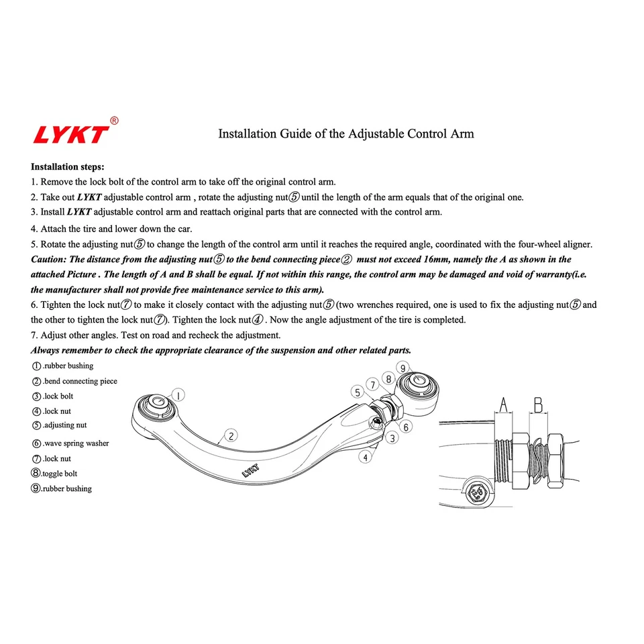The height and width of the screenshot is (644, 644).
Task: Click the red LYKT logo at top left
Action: tap(70, 134)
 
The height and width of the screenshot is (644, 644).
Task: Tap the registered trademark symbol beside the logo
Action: tap(114, 121)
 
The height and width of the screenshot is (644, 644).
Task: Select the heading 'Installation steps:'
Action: tap(67, 166)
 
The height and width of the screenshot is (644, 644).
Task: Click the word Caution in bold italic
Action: tap(48, 260)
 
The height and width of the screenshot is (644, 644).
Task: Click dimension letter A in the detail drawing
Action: tap(502, 405)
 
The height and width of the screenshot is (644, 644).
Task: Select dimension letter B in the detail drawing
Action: tap(538, 405)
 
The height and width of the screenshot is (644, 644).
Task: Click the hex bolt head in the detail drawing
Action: tap(478, 494)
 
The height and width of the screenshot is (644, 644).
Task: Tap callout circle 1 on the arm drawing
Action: tap(178, 395)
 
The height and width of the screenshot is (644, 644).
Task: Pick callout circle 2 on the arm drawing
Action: tap(230, 435)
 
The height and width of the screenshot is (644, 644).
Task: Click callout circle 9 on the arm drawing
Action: tap(402, 368)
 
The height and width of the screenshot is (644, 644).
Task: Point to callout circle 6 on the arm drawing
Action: tap(406, 427)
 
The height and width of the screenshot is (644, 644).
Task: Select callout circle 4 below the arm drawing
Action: tap(365, 457)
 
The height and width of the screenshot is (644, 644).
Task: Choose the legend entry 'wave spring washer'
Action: tap(70, 443)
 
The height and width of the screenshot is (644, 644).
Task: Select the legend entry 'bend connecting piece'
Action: tap(74, 381)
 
